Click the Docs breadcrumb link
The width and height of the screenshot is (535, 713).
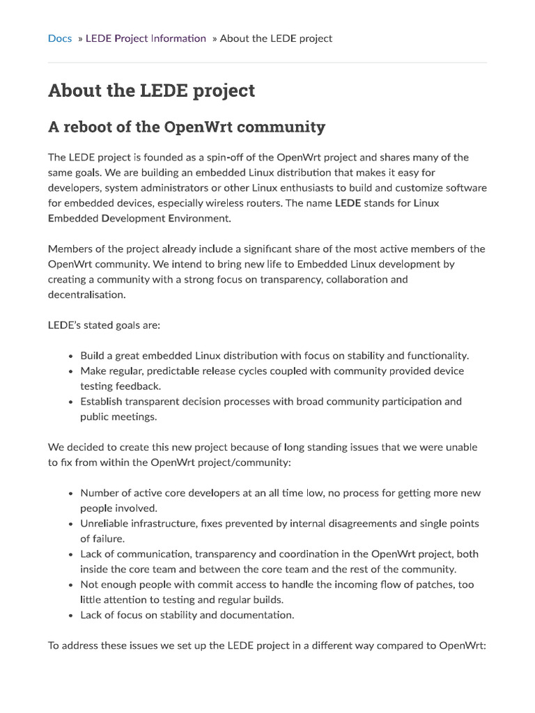60,38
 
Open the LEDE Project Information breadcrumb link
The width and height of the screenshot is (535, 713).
146,38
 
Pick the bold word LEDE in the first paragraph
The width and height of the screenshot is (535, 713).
348,203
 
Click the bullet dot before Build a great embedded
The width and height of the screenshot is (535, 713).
71,356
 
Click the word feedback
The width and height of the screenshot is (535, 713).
139,386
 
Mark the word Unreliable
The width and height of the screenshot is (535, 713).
104,524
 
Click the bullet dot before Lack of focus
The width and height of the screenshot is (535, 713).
71,616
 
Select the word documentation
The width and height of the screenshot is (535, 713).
262,615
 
